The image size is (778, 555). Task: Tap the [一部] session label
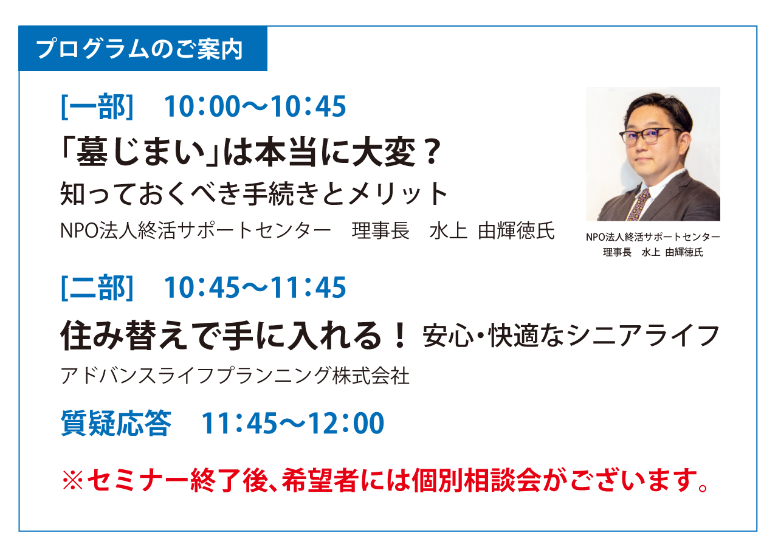97,106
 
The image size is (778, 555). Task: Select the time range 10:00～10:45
255,106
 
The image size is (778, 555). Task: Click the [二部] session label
97,288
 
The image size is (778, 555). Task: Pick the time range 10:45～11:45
255,288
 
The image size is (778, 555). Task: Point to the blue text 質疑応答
116,423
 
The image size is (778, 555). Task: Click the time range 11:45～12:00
293,423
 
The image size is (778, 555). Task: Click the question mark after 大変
432,152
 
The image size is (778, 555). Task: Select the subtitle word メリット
397,194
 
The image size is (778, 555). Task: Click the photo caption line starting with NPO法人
653,237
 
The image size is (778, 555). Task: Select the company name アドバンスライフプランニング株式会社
235,376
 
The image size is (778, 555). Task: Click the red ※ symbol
72,480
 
